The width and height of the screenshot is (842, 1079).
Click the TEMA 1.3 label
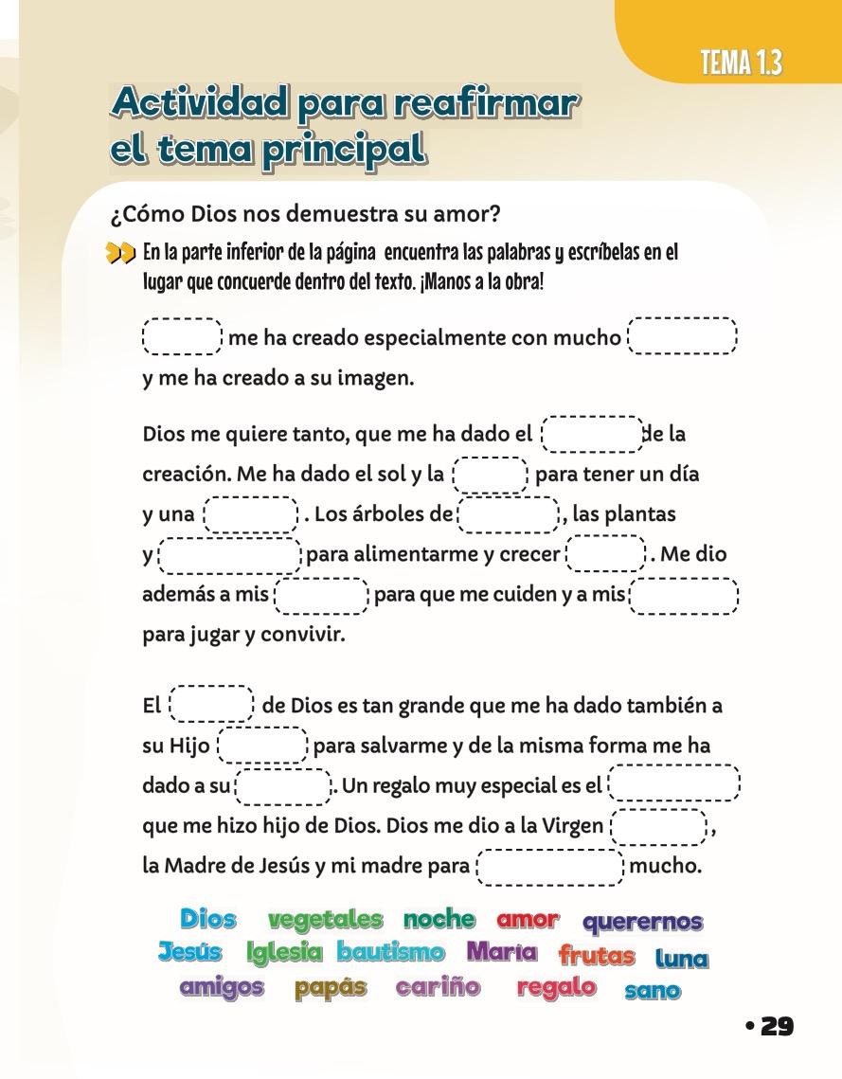741,63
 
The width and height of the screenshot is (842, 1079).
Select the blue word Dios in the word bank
207,918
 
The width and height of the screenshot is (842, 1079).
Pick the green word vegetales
325,919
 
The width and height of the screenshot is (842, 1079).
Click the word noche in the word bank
439,918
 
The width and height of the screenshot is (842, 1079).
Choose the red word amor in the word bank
528,919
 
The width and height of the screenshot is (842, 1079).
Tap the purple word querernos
642,922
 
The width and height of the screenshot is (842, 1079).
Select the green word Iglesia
284,952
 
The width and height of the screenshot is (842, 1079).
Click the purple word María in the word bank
501,951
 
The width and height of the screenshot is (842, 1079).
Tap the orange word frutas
597,955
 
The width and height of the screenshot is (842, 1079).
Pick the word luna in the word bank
681,958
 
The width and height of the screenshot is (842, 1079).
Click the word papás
330,987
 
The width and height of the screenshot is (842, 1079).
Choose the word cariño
438,987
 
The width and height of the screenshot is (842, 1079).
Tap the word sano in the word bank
653,991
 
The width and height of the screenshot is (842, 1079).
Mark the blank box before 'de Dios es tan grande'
211,705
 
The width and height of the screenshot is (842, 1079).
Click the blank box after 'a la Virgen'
659,826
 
